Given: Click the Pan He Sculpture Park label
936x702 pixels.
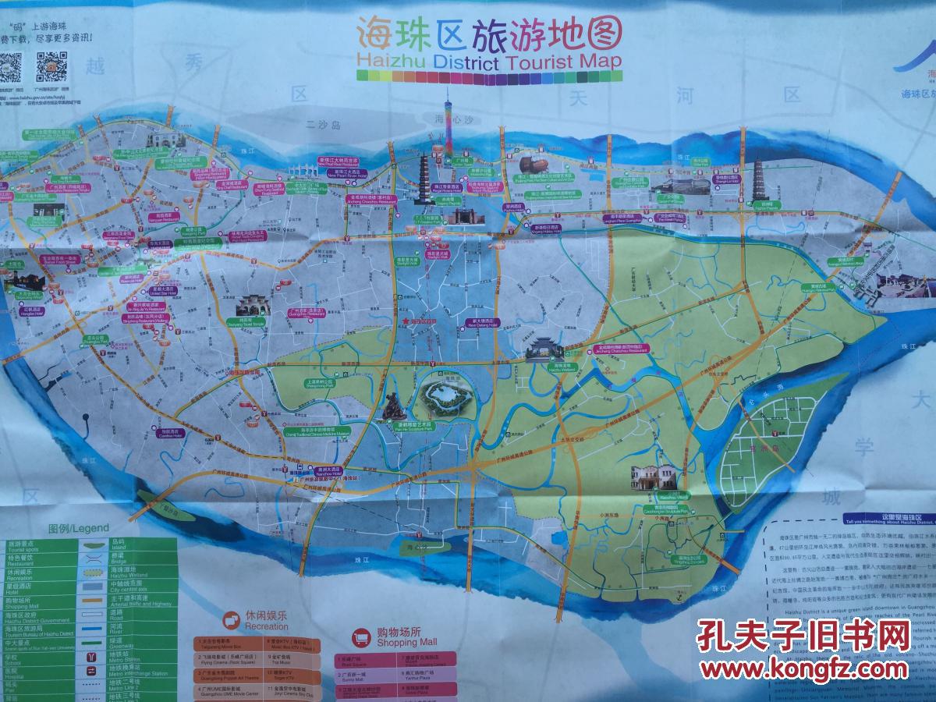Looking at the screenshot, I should tap(396, 427).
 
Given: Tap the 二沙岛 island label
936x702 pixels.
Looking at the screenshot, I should tap(324, 124).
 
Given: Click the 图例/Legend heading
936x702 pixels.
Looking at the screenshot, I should tap(78, 528).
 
